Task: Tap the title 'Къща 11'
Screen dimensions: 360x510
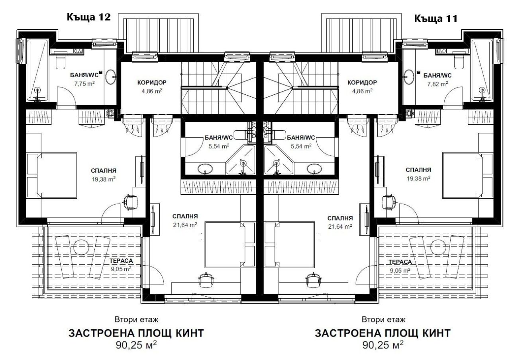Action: (435, 18)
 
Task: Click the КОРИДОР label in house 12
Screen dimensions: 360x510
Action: (151, 83)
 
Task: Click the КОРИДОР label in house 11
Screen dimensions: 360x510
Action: (362, 83)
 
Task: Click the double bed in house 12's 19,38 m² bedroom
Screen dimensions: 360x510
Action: (52, 176)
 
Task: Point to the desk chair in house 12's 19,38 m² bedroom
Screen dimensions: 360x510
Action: (129, 201)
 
